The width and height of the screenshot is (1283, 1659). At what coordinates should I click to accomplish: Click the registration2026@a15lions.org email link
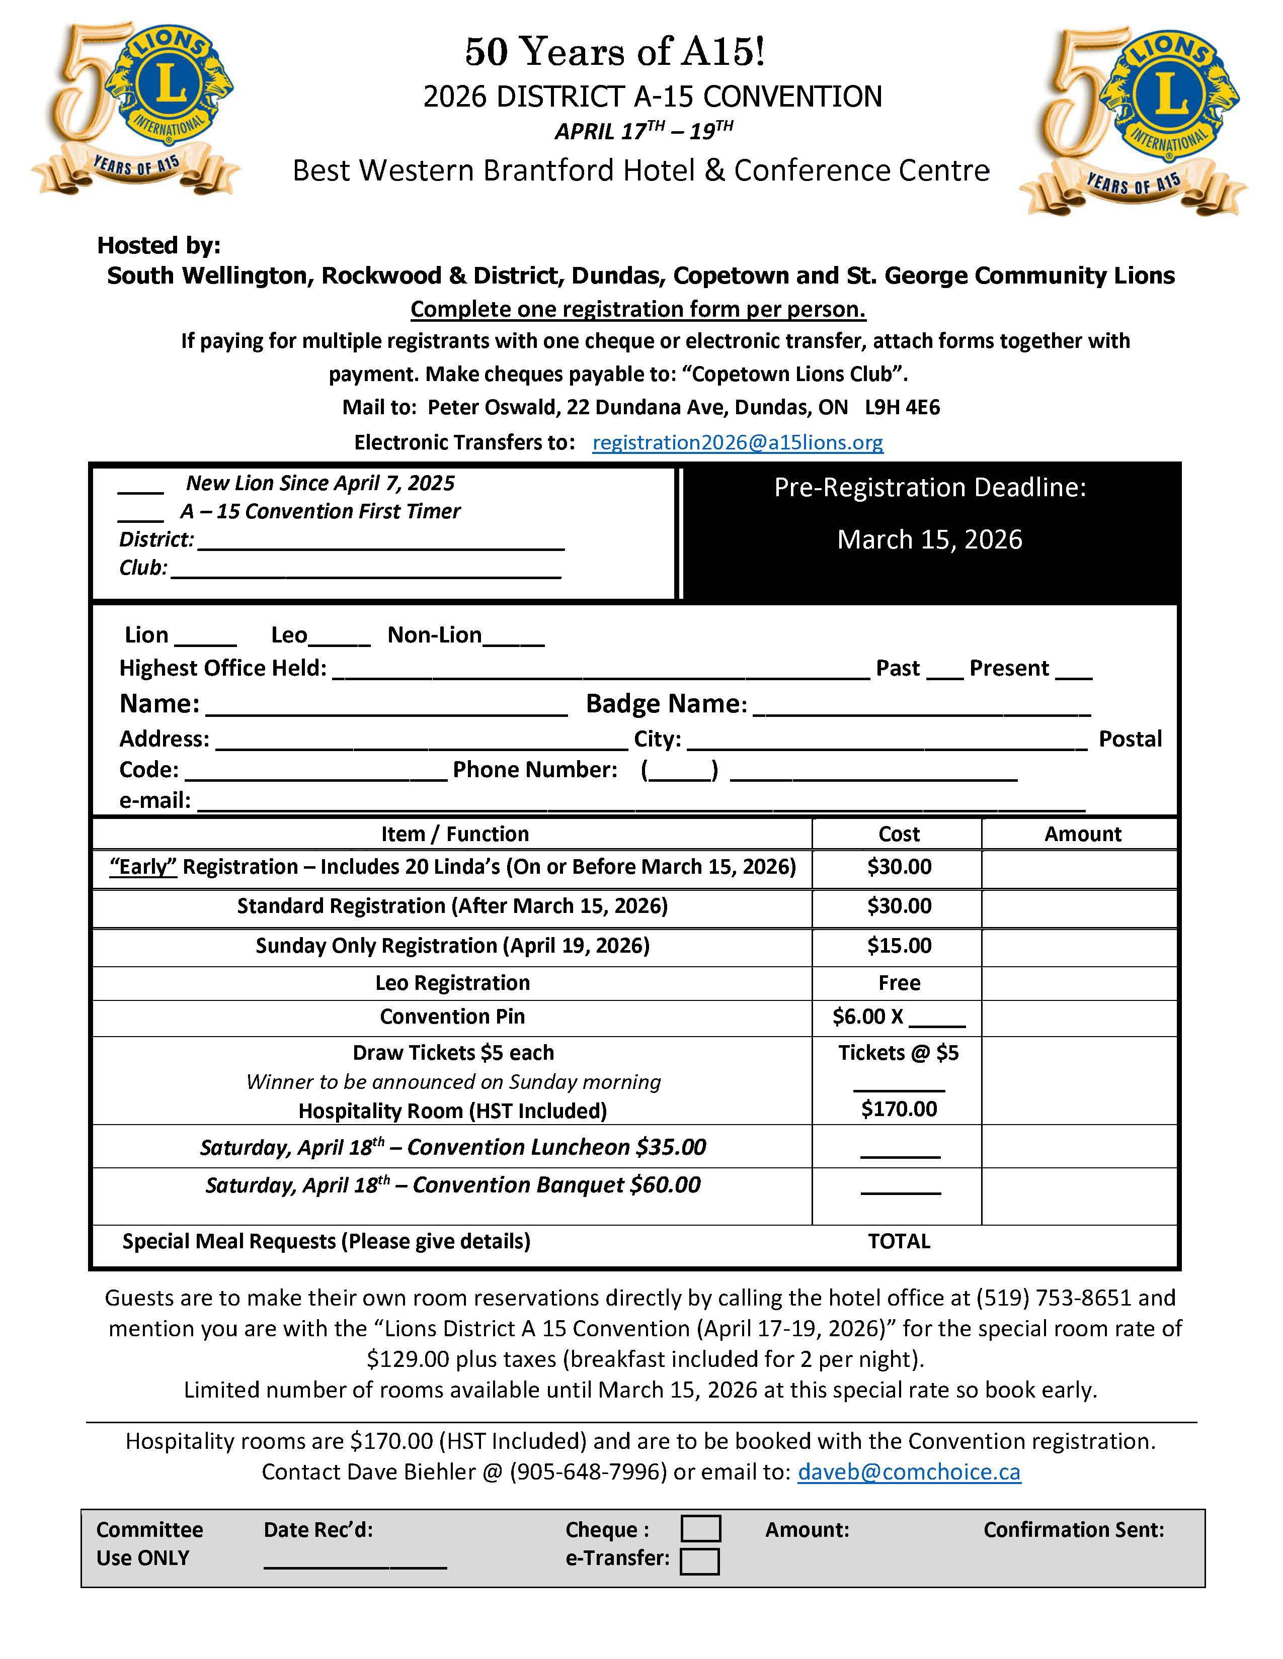pyautogui.click(x=737, y=442)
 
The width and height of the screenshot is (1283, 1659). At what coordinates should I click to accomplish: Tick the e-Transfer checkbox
pyautogui.click(x=699, y=1561)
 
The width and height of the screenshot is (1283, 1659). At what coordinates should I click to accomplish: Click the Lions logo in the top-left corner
pyautogui.click(x=137, y=110)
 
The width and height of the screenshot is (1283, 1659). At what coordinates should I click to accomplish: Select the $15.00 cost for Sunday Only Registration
pyautogui.click(x=899, y=946)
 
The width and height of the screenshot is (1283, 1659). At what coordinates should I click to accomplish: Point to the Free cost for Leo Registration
pyautogui.click(x=899, y=983)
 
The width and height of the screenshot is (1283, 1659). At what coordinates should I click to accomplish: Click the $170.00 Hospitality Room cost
pyautogui.click(x=899, y=1109)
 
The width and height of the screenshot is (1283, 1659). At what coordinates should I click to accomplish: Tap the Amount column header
pyautogui.click(x=1082, y=834)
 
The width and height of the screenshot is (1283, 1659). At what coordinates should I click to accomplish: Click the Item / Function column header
pyautogui.click(x=454, y=834)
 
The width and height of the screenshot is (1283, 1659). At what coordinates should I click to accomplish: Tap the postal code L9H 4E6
pyautogui.click(x=902, y=407)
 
